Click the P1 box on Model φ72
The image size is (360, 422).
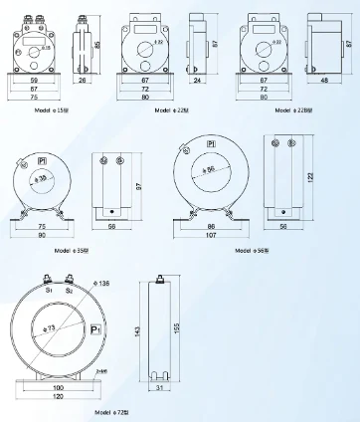click(x=95, y=328)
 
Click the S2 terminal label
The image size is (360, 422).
click(x=69, y=291)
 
